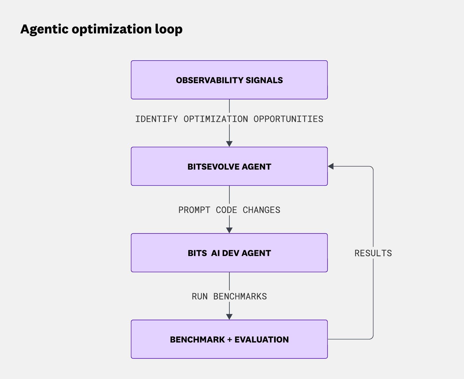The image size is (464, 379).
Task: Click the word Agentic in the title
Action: coord(44,30)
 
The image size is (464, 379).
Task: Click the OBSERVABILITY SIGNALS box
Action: coord(229,80)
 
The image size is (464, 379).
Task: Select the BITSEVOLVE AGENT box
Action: coord(229,166)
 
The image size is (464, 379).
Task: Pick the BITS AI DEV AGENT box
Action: coord(229,253)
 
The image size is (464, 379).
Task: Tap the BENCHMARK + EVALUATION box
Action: coord(229,339)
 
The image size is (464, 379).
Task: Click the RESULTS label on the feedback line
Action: coord(373,253)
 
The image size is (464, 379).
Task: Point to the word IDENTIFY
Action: coord(156,119)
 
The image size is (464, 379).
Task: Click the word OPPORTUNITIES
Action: coord(288,119)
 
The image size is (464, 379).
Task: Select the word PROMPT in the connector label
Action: coord(194,210)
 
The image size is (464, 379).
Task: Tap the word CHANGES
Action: coord(261,210)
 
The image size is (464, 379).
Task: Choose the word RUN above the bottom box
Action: coord(200,296)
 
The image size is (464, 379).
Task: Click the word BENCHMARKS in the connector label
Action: coord(240,296)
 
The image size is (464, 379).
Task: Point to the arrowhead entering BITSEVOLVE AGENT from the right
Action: coord(331,166)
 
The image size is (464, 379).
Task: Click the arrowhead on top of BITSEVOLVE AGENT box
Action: coord(229,144)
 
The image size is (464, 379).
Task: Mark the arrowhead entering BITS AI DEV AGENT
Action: coord(229,230)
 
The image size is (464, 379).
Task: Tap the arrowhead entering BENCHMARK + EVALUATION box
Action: coord(229,317)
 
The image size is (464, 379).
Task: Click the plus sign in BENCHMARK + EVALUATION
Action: coord(229,340)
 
